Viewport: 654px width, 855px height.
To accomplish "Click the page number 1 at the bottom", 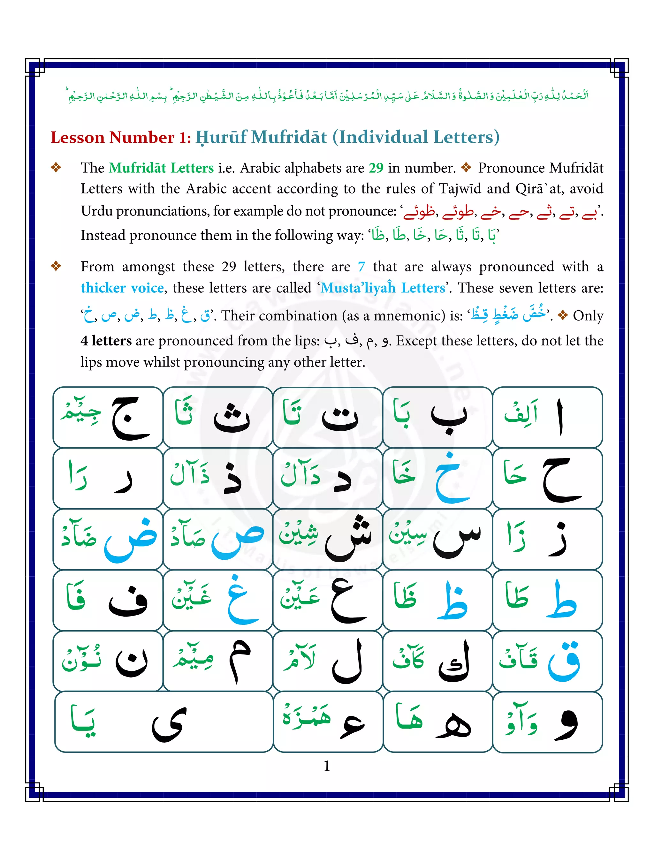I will tap(327, 766).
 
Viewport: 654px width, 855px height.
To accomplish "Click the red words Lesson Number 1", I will tap(121, 137).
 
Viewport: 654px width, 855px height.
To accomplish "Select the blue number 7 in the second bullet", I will tap(361, 267).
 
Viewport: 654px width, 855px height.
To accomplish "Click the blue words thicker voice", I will tap(122, 288).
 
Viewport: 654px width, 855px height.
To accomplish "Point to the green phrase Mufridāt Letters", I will tap(161, 168).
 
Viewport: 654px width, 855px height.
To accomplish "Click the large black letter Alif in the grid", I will tap(559, 417).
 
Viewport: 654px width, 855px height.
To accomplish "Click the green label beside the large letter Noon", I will tap(81, 660).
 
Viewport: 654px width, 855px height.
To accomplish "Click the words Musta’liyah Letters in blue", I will tap(383, 288).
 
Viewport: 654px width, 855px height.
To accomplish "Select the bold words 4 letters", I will tap(106, 341).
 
